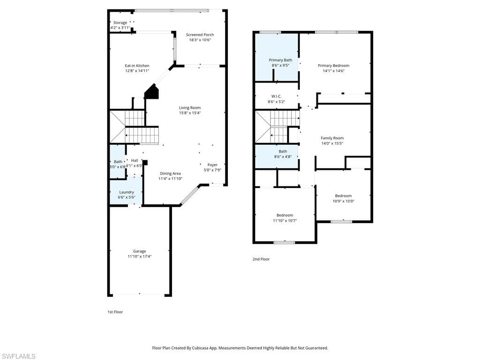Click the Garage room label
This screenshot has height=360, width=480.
tap(139, 251)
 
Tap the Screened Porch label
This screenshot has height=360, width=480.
tap(200, 35)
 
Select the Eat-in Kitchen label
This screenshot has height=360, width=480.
tap(137, 66)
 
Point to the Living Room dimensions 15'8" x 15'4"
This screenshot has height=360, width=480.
tap(190, 113)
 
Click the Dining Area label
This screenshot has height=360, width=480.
tap(170, 173)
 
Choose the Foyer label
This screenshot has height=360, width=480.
tap(212, 165)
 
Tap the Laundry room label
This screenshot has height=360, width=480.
tap(127, 192)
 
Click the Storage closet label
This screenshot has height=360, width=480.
tap(120, 22)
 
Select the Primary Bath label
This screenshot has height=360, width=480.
tap(280, 60)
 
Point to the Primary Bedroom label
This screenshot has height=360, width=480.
tap(333, 66)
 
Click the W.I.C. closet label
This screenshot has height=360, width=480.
tap(276, 96)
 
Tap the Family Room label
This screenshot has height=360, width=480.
tap(332, 138)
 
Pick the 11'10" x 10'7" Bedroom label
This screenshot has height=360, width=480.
tap(285, 215)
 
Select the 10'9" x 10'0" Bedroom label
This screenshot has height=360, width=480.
tap(343, 196)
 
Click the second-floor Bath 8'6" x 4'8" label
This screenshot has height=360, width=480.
tap(283, 151)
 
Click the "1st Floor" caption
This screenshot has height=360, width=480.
tap(115, 312)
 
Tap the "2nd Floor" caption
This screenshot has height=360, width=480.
tap(261, 259)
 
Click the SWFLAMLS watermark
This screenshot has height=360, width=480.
tap(18, 356)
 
